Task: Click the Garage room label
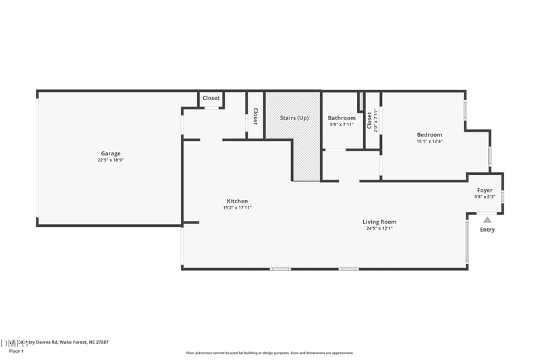(111, 153)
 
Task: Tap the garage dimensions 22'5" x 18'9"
(111, 161)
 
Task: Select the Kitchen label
(237, 201)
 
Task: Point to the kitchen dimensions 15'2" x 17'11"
(237, 208)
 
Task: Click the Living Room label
(379, 222)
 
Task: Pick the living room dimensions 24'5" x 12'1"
(379, 228)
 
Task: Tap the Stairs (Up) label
(294, 118)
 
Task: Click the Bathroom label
(342, 118)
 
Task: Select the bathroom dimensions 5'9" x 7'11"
(342, 124)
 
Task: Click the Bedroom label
(429, 134)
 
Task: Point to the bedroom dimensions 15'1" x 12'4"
(429, 141)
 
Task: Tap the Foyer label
(485, 190)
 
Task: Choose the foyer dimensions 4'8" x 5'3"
(485, 197)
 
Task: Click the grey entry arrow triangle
(487, 218)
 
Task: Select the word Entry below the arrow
(487, 230)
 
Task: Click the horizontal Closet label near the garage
(211, 98)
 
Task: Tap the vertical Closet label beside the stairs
(255, 117)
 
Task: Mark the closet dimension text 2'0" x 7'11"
(376, 120)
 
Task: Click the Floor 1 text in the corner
(16, 351)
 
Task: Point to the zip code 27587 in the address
(99, 342)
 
